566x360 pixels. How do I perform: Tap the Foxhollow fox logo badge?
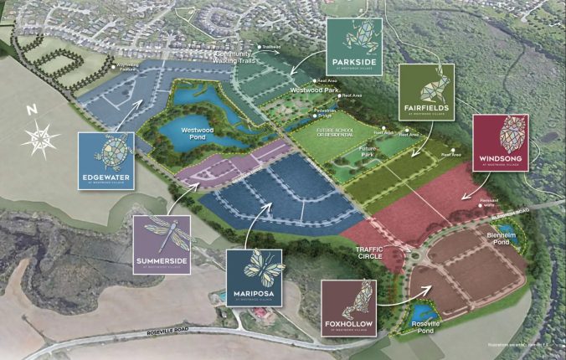coord(349,307)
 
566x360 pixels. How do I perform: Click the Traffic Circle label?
coord(369,253)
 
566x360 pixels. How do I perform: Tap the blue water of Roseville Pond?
coord(419,316)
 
